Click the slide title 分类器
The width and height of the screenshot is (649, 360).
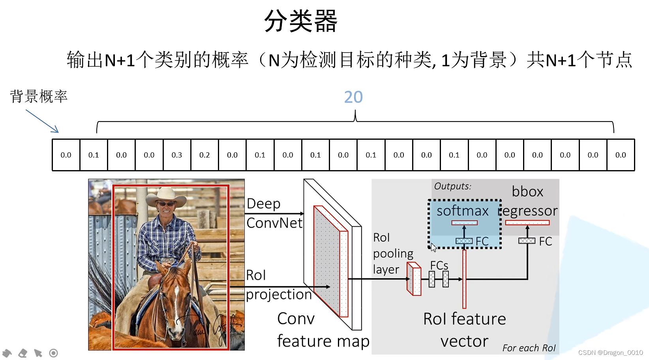301,21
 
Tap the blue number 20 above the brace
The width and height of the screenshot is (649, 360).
353,97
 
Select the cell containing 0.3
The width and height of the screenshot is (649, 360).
177,155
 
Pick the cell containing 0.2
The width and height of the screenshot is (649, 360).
204,155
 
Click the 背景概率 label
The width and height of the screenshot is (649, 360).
39,96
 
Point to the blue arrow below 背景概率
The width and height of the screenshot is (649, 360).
42,121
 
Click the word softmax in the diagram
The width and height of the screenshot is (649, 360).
462,211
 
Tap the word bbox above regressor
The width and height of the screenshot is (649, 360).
527,192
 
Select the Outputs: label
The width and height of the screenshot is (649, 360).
452,186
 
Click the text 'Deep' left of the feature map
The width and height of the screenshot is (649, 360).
263,204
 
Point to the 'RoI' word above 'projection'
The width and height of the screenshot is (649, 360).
256,275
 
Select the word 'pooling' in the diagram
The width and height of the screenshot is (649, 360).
393,254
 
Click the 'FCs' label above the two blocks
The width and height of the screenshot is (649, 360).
439,265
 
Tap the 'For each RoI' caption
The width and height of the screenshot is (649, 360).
529,348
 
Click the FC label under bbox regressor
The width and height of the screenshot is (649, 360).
546,242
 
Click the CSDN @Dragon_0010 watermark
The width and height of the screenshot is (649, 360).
610,352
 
